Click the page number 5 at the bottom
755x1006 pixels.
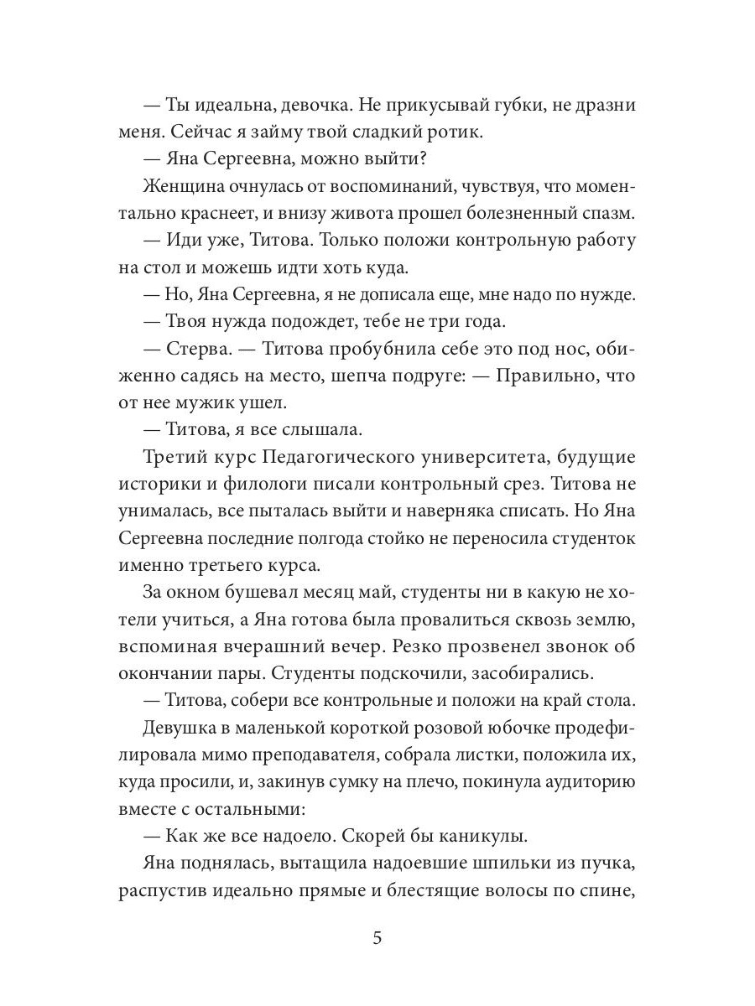(x=377, y=937)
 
